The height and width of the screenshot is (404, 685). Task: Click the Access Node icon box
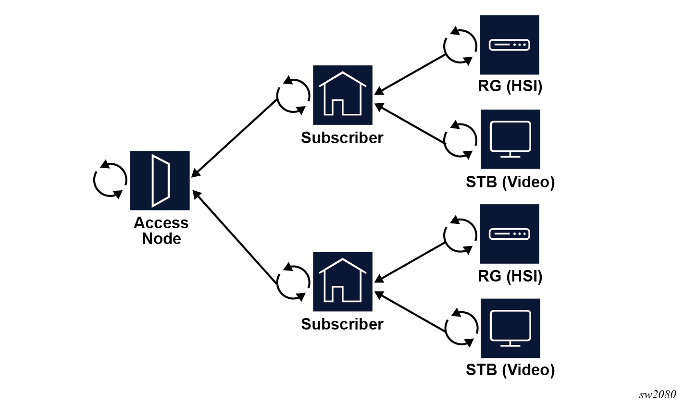point(160,180)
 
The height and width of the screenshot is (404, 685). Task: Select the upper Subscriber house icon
point(342,95)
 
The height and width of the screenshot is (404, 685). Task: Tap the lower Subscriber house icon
point(342,282)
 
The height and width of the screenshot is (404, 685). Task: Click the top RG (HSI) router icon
point(509,45)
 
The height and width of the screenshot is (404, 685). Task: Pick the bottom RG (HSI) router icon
point(509,234)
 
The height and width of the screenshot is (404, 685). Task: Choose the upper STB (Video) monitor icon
point(510,139)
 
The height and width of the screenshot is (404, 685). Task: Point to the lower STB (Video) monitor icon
point(510,328)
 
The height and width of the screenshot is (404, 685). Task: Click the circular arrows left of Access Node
point(110,180)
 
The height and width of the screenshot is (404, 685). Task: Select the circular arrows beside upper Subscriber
point(293,95)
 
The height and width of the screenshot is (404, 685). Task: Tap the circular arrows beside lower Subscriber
point(293,282)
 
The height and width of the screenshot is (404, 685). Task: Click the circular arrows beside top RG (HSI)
point(460,46)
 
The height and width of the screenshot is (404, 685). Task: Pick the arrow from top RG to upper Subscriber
point(411,73)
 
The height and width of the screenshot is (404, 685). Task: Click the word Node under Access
point(161,239)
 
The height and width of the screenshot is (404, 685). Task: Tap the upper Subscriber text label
point(342,138)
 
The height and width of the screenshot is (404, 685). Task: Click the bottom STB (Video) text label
point(510,370)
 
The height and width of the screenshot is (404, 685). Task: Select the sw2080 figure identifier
point(657,395)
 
